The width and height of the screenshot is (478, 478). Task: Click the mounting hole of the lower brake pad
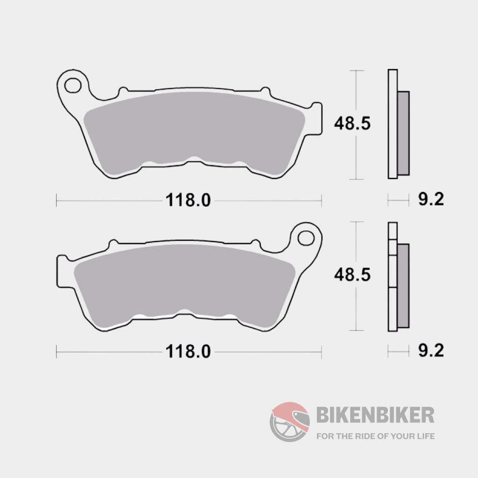(x=306, y=238)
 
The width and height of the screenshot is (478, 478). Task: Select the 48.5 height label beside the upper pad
(x=352, y=124)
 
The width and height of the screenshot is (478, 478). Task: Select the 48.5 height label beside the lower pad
(x=352, y=275)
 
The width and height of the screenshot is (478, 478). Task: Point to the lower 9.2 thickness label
(x=430, y=351)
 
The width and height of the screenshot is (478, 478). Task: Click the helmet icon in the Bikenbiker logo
(x=290, y=422)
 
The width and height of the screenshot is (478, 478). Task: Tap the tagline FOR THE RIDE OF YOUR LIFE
(x=375, y=436)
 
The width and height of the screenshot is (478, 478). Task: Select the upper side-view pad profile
(x=393, y=124)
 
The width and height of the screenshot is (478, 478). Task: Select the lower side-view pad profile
(x=393, y=277)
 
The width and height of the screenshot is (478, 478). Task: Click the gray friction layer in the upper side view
(x=403, y=133)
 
